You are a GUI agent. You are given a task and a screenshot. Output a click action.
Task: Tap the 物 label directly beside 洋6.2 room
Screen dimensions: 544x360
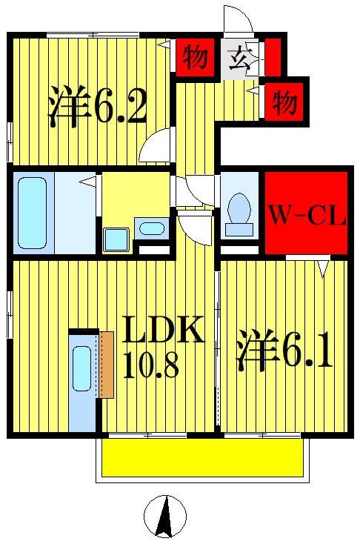195,57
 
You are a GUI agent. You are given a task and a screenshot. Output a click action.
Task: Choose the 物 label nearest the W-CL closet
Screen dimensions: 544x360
284,102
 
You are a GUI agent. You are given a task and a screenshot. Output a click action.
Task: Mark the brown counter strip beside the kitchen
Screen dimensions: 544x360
105,364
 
